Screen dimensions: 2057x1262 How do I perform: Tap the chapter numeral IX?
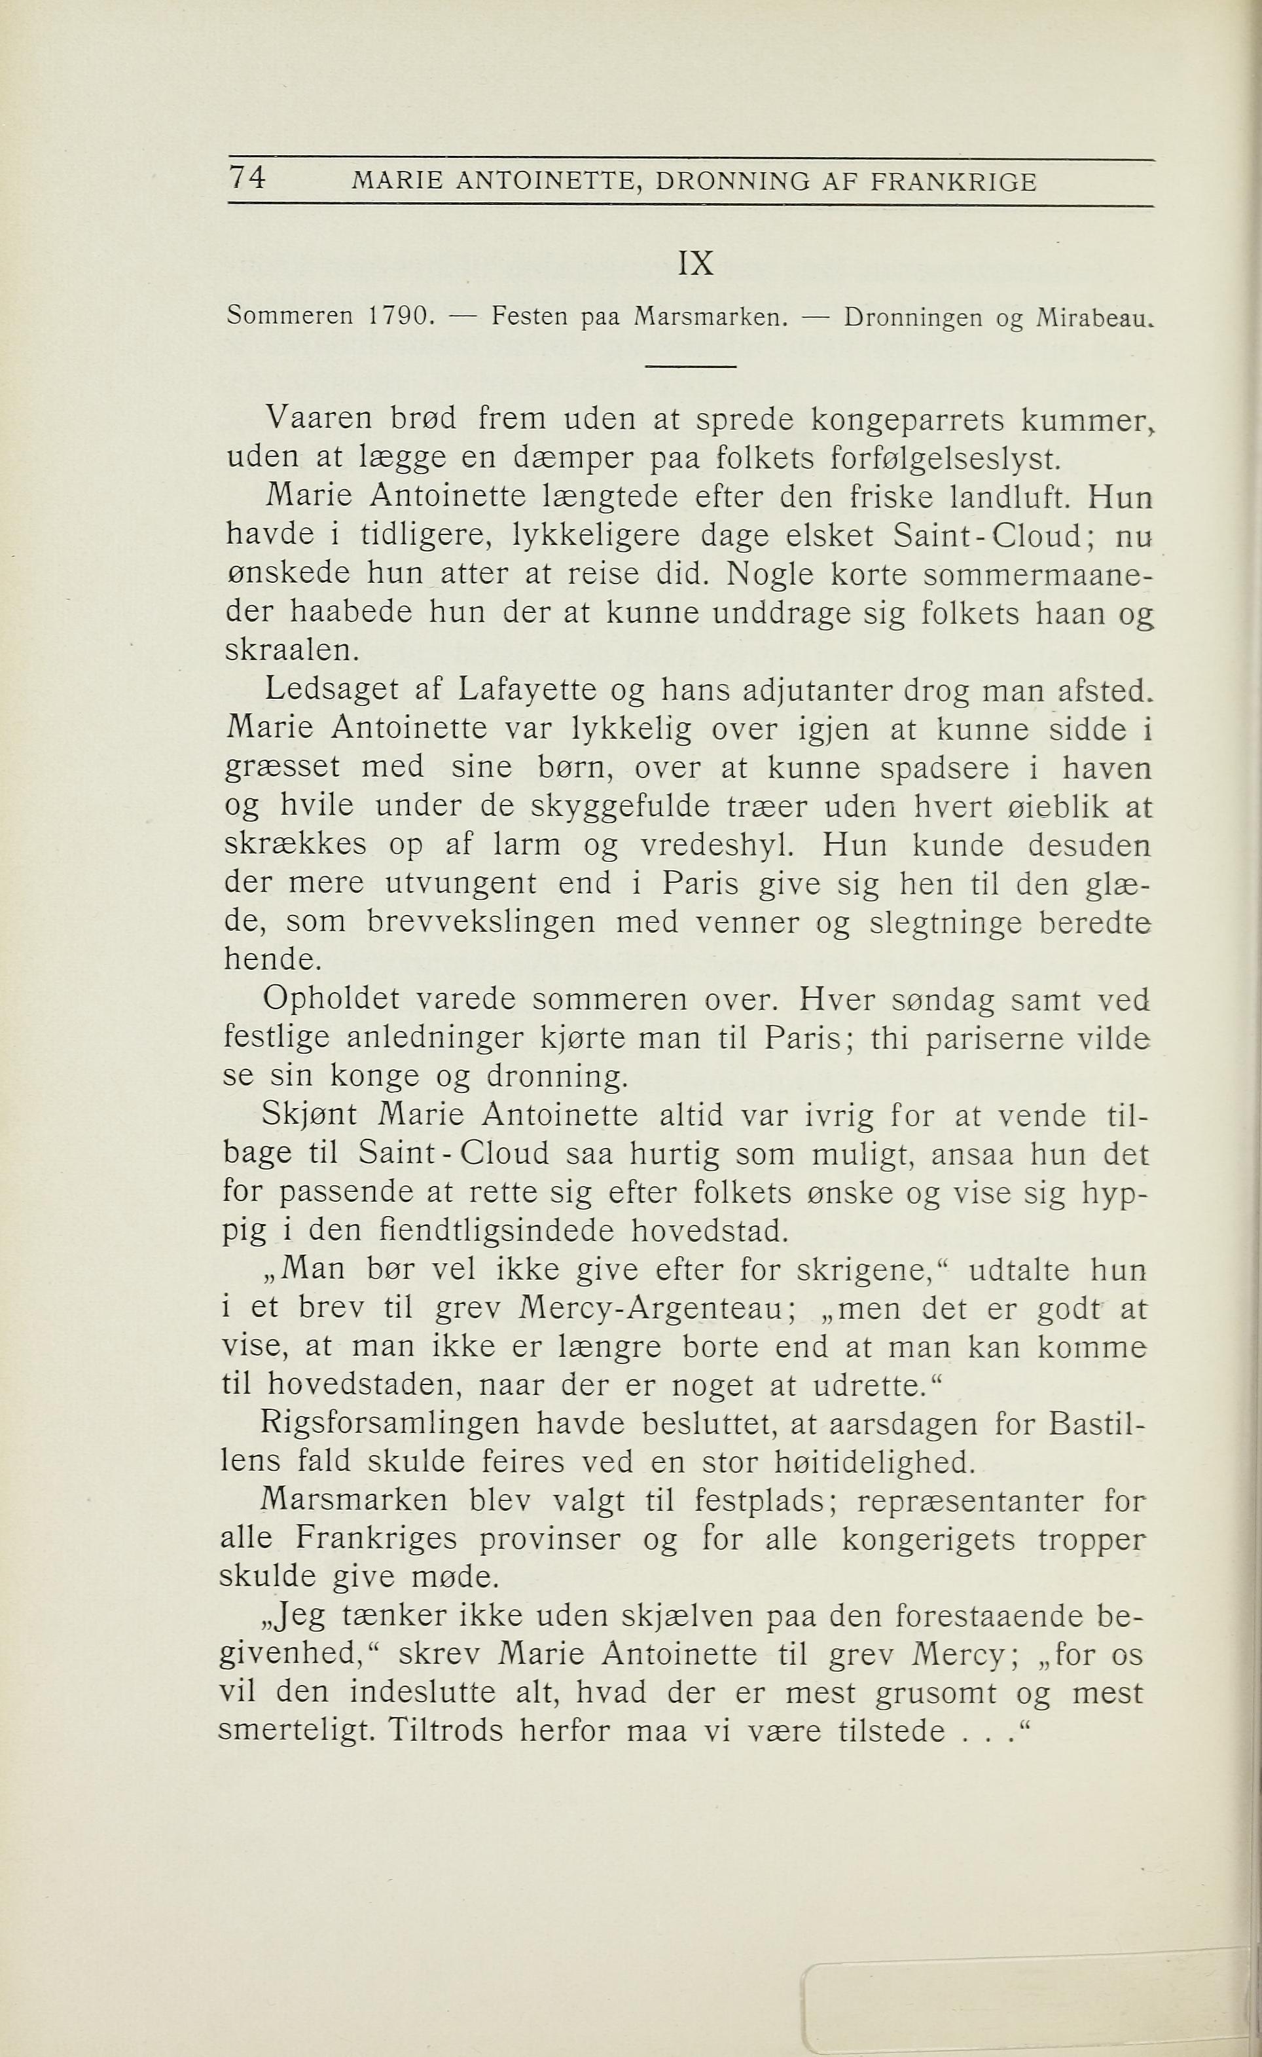tap(695, 265)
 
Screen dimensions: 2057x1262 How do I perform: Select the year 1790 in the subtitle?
tap(400, 317)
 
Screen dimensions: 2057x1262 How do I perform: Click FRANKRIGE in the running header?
tap(953, 182)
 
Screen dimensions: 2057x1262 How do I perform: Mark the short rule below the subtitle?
tap(691, 367)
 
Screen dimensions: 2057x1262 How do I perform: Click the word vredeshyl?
tap(716, 845)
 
